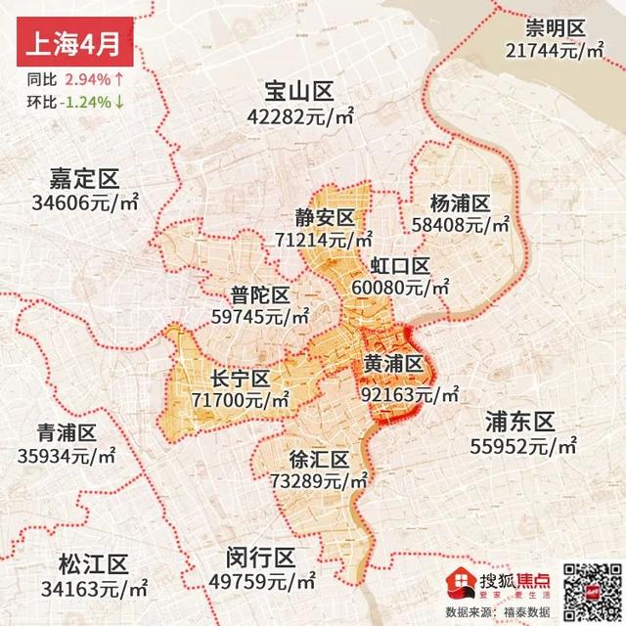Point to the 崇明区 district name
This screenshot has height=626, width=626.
coord(554,27)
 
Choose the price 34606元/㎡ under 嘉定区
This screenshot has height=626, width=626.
coord(83,203)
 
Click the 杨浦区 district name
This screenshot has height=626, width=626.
coord(459,203)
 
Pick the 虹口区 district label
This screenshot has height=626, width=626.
coord(400,266)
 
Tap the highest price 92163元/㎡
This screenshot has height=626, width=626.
coord(410,395)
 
